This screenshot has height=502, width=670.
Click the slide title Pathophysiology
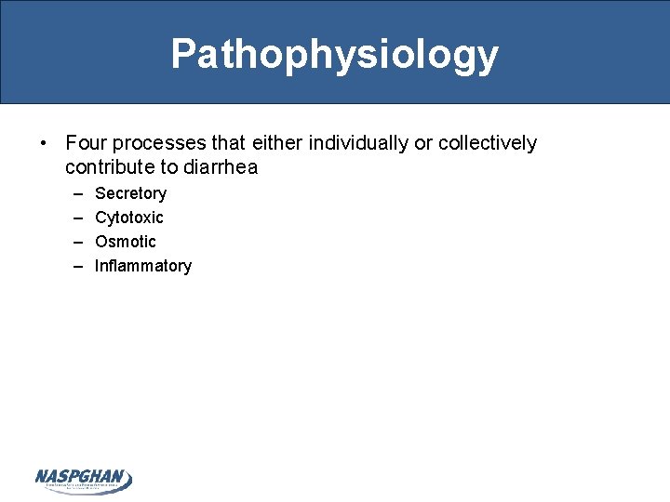[x=334, y=55]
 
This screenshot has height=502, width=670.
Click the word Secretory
[x=130, y=193]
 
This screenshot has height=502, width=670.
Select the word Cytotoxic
[x=128, y=218]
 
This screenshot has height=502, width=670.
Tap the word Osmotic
[x=126, y=242]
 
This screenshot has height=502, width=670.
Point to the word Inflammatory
[x=142, y=266]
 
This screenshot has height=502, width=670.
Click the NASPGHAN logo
[x=84, y=480]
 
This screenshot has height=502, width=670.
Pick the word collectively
[x=487, y=143]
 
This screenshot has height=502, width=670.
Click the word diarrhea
[x=222, y=168]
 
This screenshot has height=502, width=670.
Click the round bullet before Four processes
[x=44, y=144]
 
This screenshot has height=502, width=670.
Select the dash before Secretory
[x=74, y=193]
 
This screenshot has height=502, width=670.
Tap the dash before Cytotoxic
[x=74, y=218]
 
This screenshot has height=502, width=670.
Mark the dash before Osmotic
[x=74, y=242]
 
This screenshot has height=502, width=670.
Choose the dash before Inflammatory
[x=74, y=266]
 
